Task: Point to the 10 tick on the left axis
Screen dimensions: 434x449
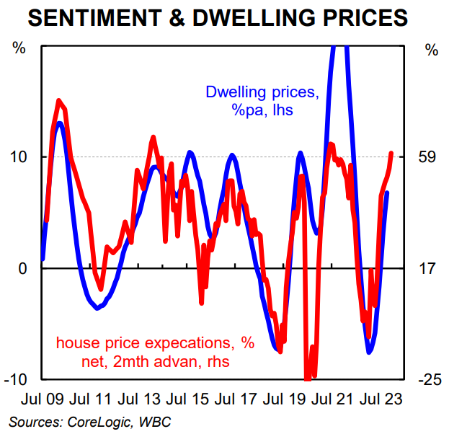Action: [x=23, y=157]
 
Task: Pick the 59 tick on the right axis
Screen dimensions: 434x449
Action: [x=431, y=157]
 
